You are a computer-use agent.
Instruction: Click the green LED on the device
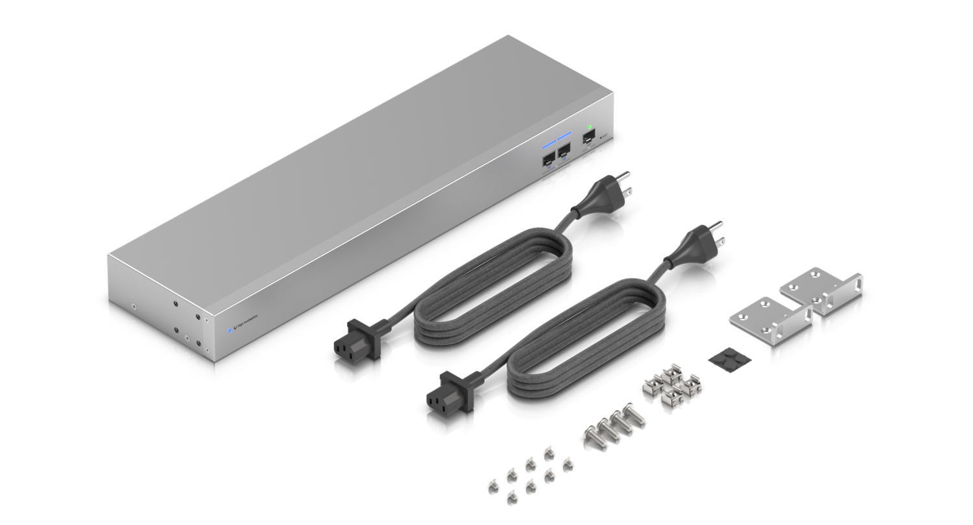click(x=589, y=127)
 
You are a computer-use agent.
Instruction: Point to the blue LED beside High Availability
click(x=229, y=330)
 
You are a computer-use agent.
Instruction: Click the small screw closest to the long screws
click(x=566, y=461)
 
